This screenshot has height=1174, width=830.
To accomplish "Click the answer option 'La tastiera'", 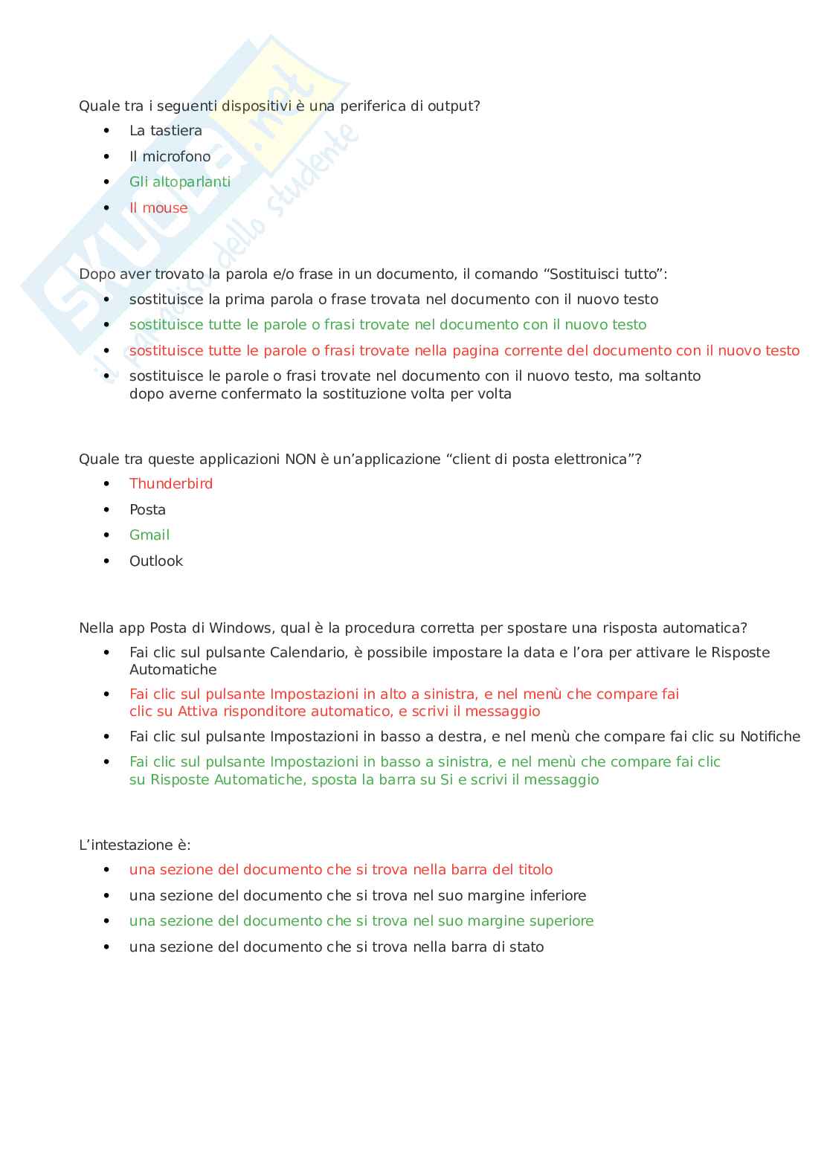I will (x=165, y=131).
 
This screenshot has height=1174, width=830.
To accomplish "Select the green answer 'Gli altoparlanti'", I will (x=179, y=182).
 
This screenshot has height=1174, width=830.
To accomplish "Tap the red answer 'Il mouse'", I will (x=158, y=208).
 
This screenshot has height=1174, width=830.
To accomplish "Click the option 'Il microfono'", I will (x=170, y=157).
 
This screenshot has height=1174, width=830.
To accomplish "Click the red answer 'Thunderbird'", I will (x=170, y=484).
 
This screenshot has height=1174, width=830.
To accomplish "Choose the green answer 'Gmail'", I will (x=149, y=535).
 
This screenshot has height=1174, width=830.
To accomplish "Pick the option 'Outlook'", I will (x=155, y=561).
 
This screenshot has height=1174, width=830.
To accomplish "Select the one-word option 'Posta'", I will (x=147, y=510).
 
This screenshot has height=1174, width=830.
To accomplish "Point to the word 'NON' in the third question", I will (x=300, y=459).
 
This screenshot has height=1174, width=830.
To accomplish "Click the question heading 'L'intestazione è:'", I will (x=135, y=845).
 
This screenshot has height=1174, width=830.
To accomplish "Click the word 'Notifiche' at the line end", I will (x=770, y=737).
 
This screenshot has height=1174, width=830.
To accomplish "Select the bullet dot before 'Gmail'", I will (x=106, y=535).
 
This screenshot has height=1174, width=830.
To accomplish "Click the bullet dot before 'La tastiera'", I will (x=106, y=131).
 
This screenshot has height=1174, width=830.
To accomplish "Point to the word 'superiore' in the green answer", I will (x=561, y=921).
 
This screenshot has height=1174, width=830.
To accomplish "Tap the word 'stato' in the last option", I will (x=527, y=947).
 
